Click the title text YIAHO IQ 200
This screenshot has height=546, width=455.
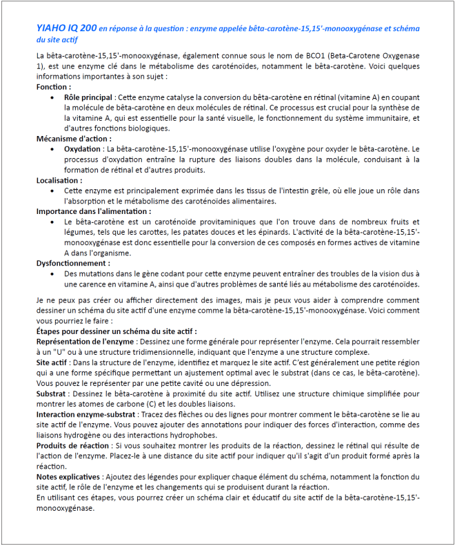[66, 29]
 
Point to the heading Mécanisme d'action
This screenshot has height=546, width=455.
[72, 138]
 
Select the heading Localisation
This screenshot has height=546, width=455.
[59, 180]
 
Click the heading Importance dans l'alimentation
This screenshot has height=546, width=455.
[93, 211]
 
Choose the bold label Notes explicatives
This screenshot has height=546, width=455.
[68, 476]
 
